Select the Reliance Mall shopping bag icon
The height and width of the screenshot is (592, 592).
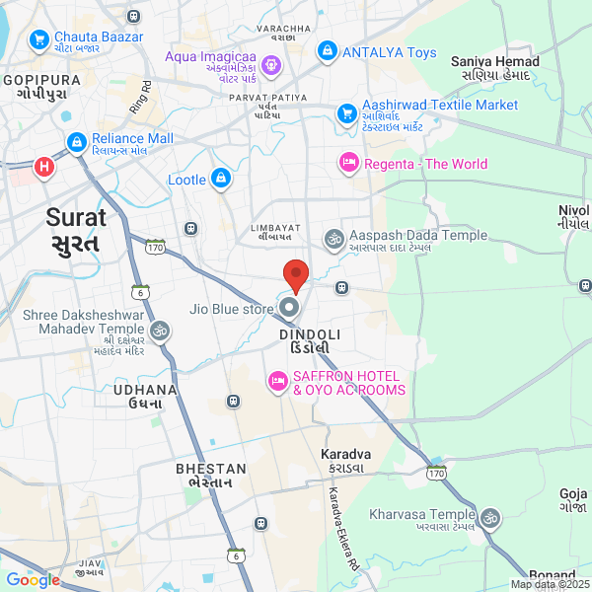tap(76, 144)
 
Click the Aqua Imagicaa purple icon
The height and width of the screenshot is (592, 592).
tap(272, 66)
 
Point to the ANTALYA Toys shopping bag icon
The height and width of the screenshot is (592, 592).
tap(328, 51)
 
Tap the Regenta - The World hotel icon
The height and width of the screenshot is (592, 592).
tap(348, 163)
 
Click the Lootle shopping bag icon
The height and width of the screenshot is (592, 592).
tap(221, 180)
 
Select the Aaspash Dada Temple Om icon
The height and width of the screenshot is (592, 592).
tap(334, 238)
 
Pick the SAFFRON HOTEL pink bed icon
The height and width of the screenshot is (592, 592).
tap(277, 381)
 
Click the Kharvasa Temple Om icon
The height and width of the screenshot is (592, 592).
tap(489, 516)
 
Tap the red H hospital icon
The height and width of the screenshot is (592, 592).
tap(44, 168)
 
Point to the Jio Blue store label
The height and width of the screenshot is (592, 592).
tap(231, 309)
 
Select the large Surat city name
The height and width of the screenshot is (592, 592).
tap(73, 230)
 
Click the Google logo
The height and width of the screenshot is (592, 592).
tap(33, 580)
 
